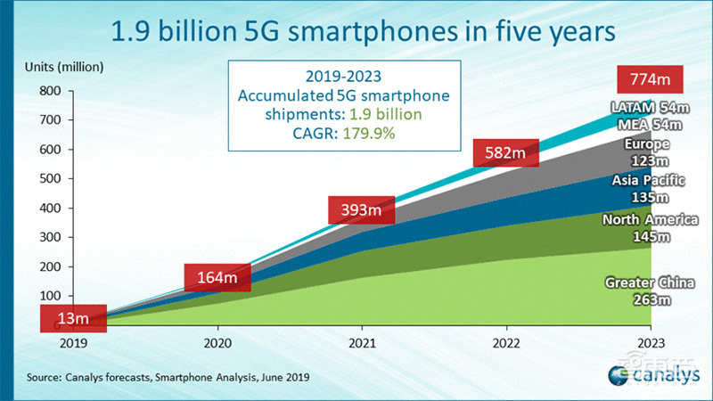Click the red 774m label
tap(650, 79)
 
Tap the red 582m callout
tap(505, 153)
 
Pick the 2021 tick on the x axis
tap(361, 341)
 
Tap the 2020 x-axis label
tap(216, 341)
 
